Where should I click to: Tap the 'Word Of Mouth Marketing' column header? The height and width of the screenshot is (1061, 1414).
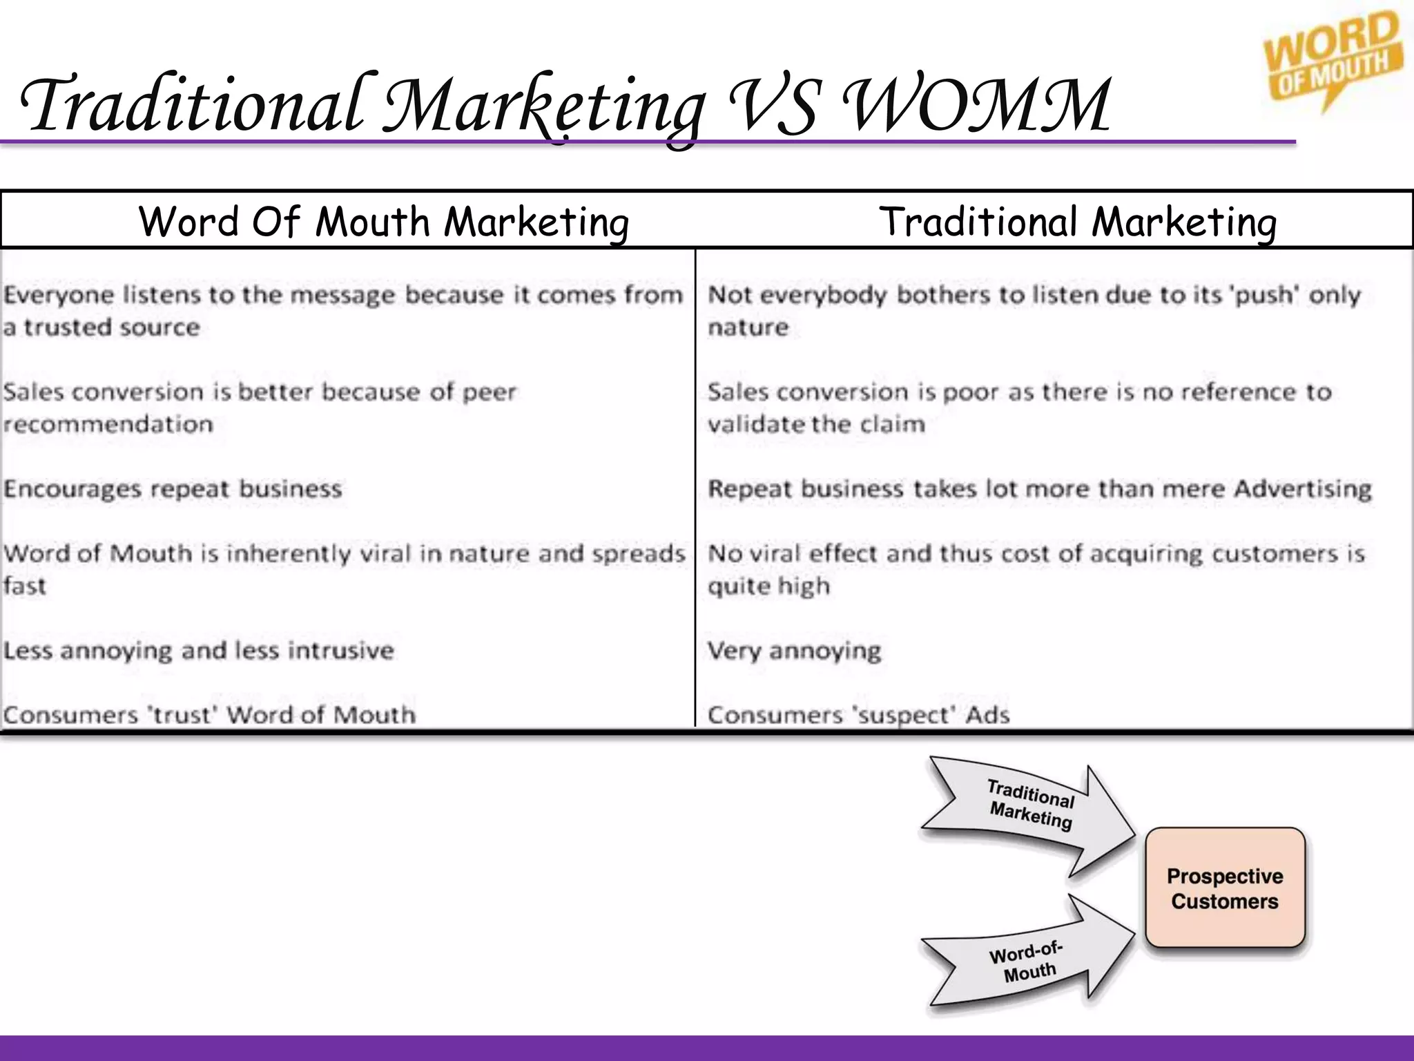[384, 222]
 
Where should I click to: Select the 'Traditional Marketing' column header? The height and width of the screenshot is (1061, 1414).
[1078, 222]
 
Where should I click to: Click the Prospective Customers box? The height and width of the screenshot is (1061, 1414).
[1225, 888]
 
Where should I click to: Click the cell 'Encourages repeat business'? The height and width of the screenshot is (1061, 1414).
[173, 489]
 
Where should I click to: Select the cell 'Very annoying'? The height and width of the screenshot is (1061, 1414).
[794, 651]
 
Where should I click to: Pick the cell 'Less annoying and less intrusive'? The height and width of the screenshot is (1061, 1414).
[199, 651]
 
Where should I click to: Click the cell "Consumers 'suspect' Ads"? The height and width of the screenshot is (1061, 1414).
[858, 715]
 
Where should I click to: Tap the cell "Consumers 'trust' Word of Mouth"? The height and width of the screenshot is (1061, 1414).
[209, 715]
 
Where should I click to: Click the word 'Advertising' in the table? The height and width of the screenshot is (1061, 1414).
[1302, 489]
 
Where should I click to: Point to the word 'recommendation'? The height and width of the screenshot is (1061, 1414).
[108, 424]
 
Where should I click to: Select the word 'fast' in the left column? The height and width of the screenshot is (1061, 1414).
[24, 586]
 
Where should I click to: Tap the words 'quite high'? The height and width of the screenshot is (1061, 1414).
[768, 586]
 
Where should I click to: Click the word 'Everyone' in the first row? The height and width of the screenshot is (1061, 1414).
[58, 296]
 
